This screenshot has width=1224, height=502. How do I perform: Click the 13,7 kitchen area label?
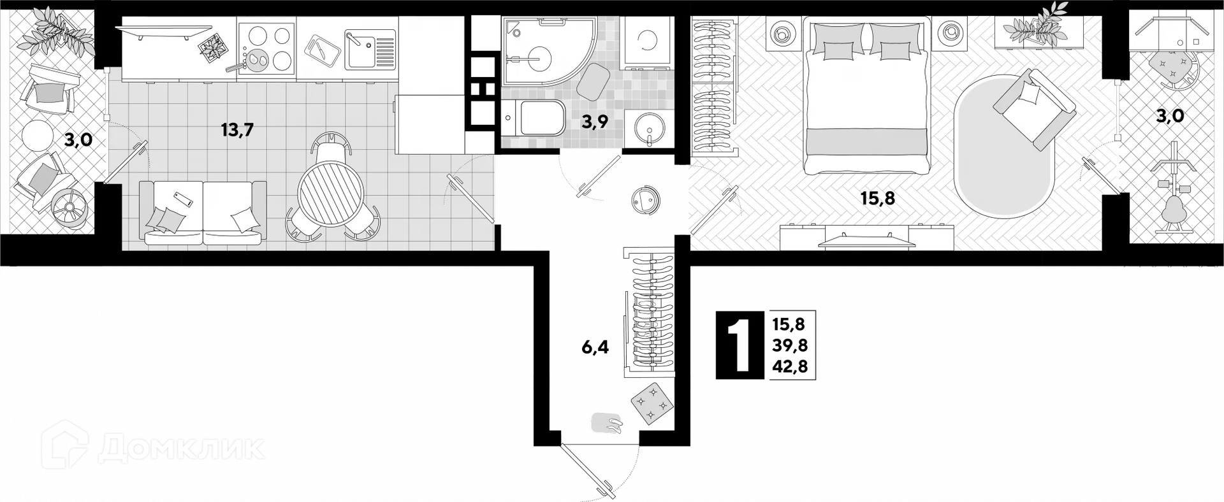[237, 130]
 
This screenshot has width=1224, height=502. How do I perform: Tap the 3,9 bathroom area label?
[594, 123]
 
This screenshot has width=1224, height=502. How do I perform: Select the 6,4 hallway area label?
[594, 347]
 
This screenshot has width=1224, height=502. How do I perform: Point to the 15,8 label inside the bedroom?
[878, 198]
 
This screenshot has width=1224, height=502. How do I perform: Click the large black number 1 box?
[739, 345]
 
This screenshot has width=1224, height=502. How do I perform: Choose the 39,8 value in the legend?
[790, 345]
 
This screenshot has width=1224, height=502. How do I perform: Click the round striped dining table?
[331, 193]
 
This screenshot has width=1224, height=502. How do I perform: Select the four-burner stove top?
[266, 48]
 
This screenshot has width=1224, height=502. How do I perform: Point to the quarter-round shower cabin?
[539, 52]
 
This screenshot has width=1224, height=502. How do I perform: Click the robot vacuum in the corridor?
[646, 199]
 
